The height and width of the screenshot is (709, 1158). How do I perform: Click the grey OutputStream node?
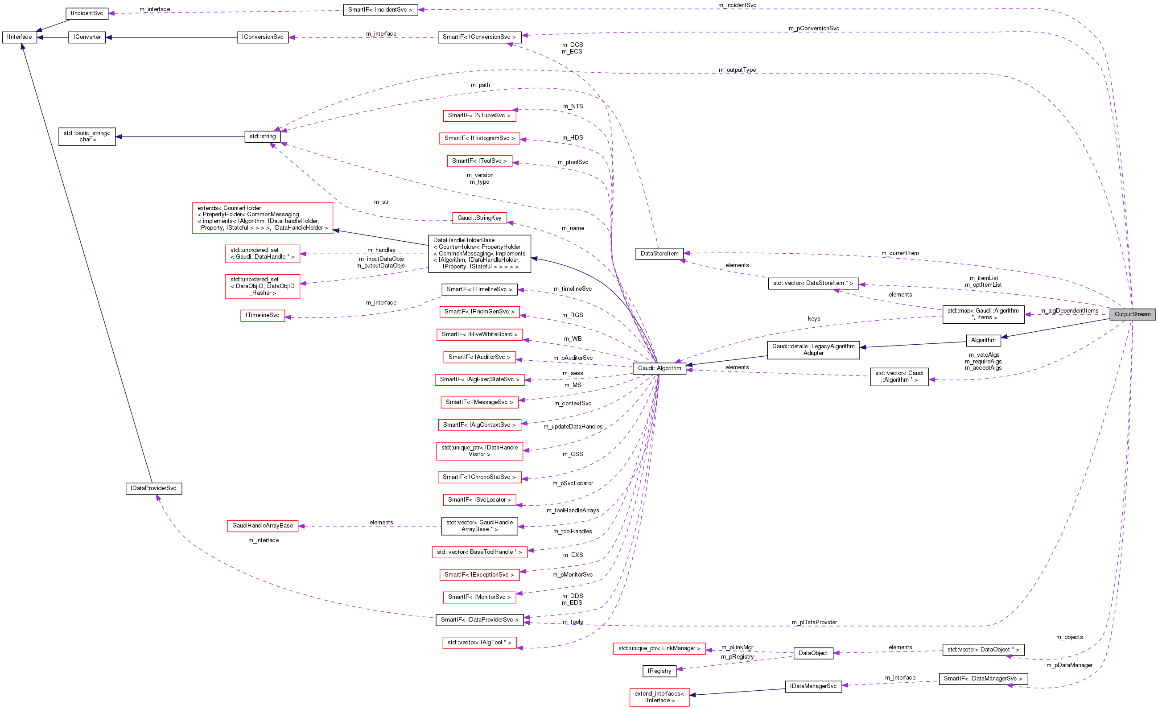[x=1132, y=314]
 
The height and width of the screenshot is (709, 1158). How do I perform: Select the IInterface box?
[x=19, y=37]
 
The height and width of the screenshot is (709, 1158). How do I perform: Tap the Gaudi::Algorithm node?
[x=659, y=368]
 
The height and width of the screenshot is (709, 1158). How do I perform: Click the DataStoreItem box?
[x=659, y=253]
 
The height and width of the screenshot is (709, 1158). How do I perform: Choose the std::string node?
[x=262, y=136]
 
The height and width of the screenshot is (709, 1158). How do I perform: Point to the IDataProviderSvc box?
[x=153, y=488]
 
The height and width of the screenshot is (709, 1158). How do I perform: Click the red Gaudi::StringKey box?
[x=479, y=218]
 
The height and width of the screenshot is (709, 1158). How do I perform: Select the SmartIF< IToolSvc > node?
[x=479, y=161]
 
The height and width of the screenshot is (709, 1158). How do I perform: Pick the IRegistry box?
[x=659, y=671]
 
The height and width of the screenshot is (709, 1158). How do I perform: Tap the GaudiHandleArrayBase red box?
[x=262, y=525]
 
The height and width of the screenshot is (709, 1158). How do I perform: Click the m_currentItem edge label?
[x=899, y=253]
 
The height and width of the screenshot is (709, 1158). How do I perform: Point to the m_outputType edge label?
[x=737, y=70]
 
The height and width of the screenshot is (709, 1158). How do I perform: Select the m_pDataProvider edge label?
[x=814, y=622]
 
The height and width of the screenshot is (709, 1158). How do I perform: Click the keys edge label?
[x=813, y=318]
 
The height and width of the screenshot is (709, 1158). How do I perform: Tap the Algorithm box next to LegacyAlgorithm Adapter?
[x=983, y=340]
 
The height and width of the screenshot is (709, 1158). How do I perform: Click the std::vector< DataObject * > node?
[x=983, y=649]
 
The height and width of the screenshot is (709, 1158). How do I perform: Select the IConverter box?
[x=87, y=37]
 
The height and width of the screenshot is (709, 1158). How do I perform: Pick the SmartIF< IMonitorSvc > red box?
[x=479, y=597]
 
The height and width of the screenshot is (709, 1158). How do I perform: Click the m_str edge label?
[x=381, y=202]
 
